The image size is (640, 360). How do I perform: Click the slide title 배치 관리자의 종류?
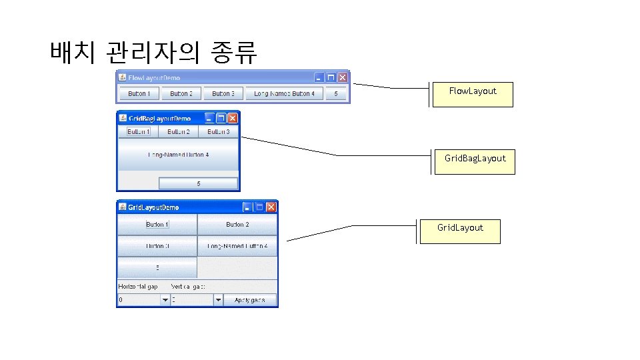(x=153, y=51)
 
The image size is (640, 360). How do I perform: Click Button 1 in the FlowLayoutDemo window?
(x=139, y=94)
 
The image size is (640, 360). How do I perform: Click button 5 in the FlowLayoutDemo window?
(x=336, y=94)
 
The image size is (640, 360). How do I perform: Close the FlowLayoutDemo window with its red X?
(x=342, y=77)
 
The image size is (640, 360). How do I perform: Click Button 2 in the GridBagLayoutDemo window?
(x=179, y=132)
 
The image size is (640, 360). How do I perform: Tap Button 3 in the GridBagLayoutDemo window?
(x=218, y=132)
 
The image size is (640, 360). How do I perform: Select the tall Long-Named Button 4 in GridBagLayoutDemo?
(x=178, y=155)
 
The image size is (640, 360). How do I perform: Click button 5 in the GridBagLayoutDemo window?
(x=198, y=183)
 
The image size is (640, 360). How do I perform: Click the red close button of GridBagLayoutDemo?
(x=233, y=118)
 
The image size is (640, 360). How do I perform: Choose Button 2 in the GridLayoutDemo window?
(x=237, y=225)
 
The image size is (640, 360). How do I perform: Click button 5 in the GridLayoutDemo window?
(x=157, y=267)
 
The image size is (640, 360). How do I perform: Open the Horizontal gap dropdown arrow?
(x=165, y=301)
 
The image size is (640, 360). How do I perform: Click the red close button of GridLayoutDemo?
(x=271, y=207)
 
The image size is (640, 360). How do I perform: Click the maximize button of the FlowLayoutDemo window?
(x=331, y=77)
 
